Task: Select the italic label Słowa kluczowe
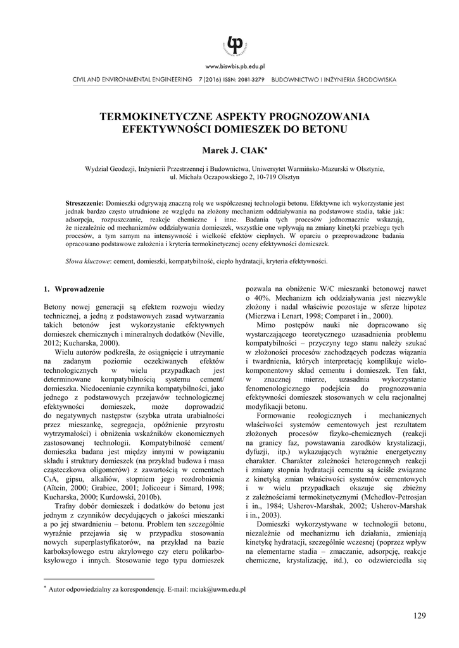click(x=89, y=261)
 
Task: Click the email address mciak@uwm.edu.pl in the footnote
click(x=217, y=589)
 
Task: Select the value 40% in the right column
click(x=260, y=297)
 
